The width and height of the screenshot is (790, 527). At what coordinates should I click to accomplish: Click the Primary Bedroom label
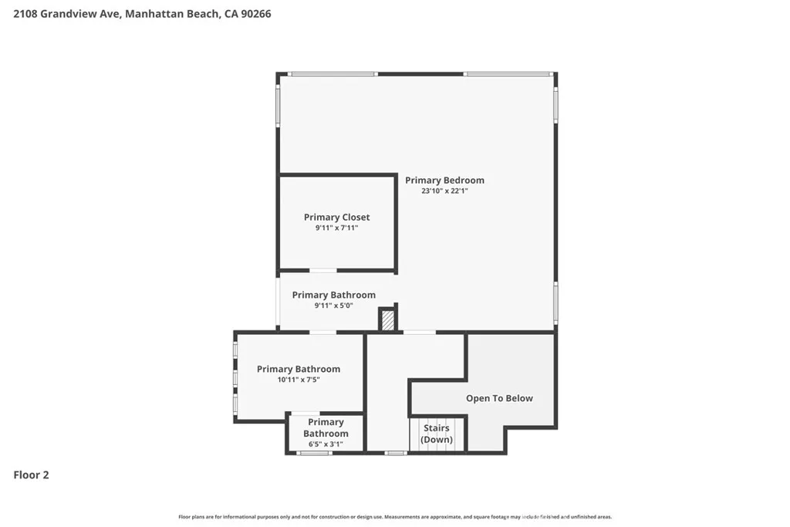click(444, 181)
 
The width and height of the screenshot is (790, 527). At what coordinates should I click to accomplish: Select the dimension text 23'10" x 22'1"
click(444, 191)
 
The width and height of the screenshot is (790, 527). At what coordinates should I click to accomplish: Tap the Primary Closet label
click(336, 218)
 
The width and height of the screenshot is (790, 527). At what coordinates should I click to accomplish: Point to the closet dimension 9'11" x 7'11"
click(336, 228)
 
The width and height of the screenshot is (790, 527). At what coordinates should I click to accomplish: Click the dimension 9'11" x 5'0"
click(333, 306)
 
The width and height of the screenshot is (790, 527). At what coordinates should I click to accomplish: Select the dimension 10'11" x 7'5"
click(299, 380)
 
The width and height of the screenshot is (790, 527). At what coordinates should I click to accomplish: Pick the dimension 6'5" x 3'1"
click(326, 444)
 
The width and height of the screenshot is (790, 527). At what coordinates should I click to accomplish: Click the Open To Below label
click(499, 398)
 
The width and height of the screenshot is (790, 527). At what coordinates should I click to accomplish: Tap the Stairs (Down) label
click(437, 434)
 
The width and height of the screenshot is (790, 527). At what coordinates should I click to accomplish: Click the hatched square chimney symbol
click(388, 319)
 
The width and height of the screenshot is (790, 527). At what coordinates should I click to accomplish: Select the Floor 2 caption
click(32, 475)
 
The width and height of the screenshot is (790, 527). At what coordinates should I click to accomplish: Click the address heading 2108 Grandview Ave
click(66, 14)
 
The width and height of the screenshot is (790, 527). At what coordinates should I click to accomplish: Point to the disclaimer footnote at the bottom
click(395, 517)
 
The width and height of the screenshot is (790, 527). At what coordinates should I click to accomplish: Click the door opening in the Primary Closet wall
click(323, 270)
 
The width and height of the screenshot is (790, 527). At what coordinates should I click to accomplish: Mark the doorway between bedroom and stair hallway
click(419, 333)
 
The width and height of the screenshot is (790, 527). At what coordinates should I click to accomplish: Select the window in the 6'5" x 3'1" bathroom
click(314, 453)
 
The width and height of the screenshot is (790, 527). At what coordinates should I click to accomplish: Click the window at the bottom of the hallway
click(396, 453)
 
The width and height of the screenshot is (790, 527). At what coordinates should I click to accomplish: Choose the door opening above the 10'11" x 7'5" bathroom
click(322, 333)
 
